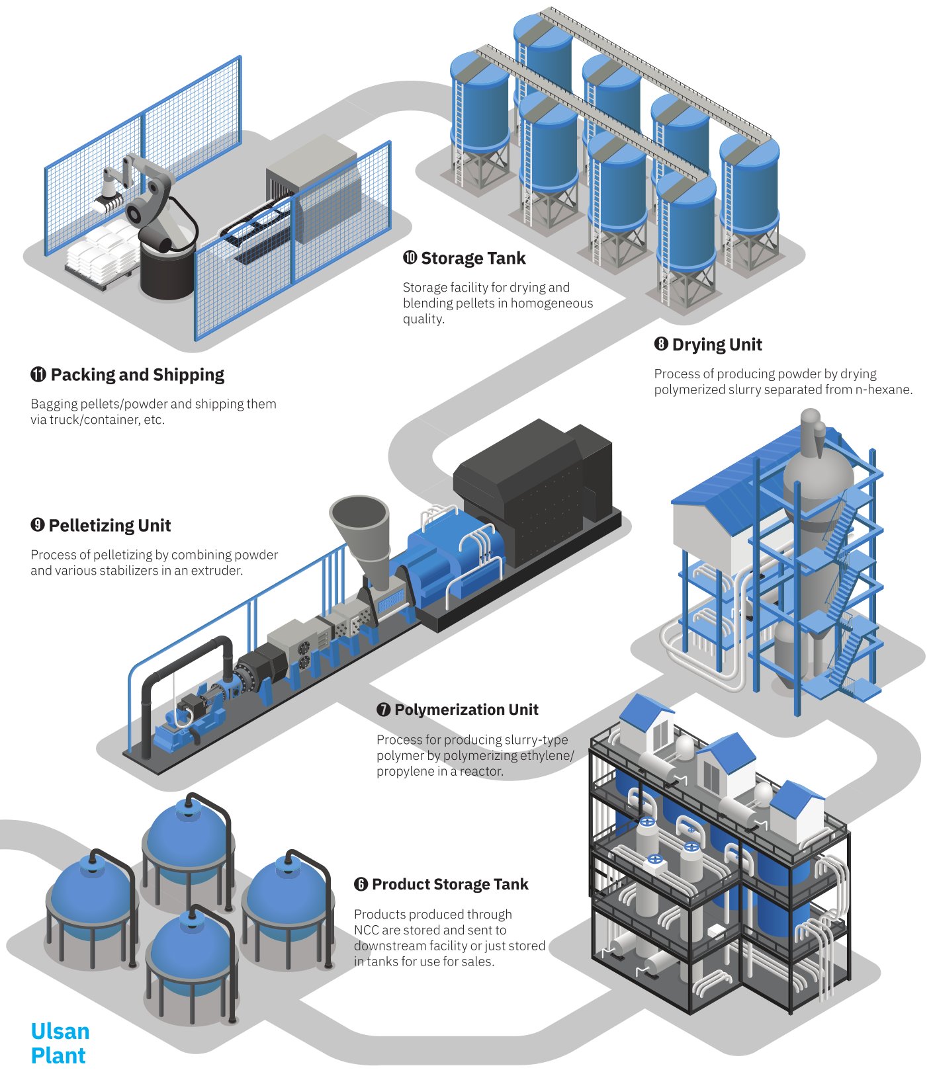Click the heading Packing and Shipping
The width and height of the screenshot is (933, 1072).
click(x=137, y=375)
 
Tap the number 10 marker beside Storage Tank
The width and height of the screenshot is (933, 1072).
click(x=410, y=258)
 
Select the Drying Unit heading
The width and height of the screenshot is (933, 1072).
click(x=717, y=345)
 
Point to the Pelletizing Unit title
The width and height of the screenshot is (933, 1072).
click(x=109, y=526)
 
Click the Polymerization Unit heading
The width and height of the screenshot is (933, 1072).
click(x=466, y=710)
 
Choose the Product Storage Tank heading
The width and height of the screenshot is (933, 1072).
click(x=450, y=884)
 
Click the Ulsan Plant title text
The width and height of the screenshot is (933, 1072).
click(x=59, y=1043)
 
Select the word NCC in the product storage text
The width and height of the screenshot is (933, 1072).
click(x=366, y=930)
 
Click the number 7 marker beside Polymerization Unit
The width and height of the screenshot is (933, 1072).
click(x=383, y=710)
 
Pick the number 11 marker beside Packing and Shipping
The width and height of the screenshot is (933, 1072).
click(x=38, y=375)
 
